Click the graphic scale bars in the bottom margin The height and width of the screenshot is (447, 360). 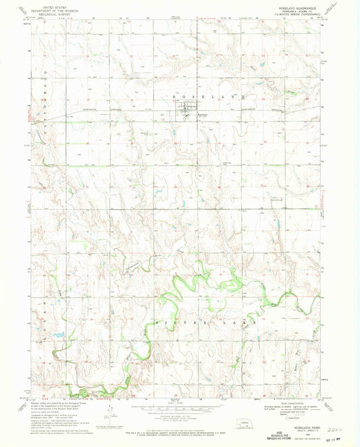[x=179, y=412]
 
